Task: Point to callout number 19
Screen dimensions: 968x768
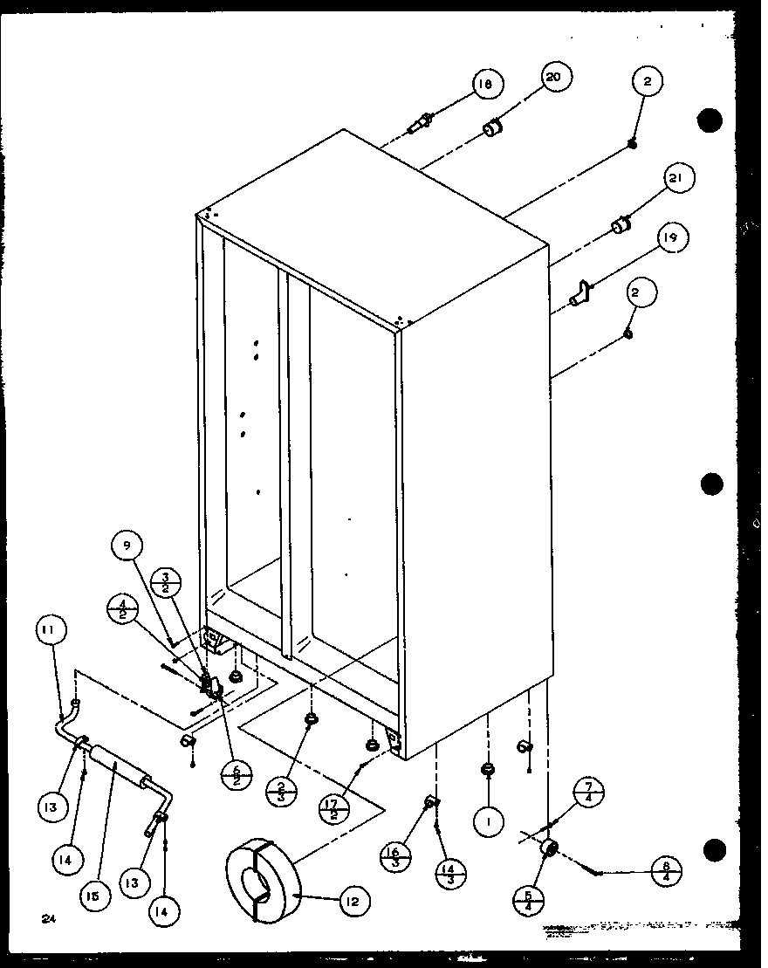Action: pyautogui.click(x=673, y=237)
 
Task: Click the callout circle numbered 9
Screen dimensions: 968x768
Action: pyautogui.click(x=127, y=546)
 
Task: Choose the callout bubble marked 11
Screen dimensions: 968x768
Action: pyautogui.click(x=51, y=628)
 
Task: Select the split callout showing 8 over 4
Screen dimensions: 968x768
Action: pyautogui.click(x=667, y=871)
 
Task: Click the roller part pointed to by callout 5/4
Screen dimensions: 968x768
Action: pyautogui.click(x=550, y=848)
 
